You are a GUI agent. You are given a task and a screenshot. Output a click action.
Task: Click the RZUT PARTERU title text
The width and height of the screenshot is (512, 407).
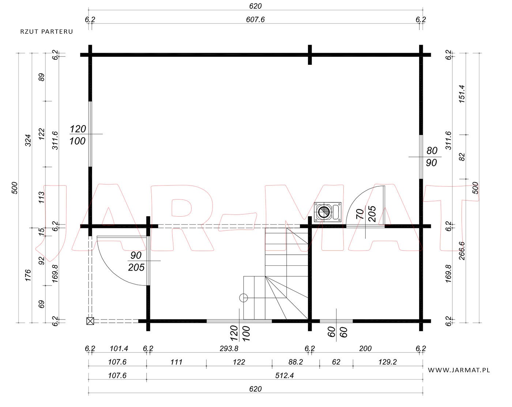tap(46, 32)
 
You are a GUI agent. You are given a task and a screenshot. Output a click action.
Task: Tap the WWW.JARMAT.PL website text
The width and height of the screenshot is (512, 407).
tap(459, 370)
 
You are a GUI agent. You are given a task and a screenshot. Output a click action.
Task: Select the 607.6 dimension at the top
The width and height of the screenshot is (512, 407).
tap(255, 19)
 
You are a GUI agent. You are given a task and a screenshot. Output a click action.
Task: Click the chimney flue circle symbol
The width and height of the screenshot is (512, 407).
tap(324, 212)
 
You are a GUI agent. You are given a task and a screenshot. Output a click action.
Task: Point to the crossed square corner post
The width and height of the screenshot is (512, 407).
tap(90, 321)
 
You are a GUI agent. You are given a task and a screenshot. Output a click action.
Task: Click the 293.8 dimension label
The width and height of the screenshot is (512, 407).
tap(229, 349)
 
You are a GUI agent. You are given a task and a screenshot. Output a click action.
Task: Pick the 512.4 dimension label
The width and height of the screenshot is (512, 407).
tap(285, 376)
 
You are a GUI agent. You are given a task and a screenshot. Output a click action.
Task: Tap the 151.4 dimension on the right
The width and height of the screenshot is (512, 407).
tap(462, 94)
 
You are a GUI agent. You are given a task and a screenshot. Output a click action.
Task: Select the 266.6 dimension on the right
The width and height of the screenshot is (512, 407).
tap(462, 251)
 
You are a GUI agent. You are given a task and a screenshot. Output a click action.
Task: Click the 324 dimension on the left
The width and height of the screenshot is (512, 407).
tap(28, 141)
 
